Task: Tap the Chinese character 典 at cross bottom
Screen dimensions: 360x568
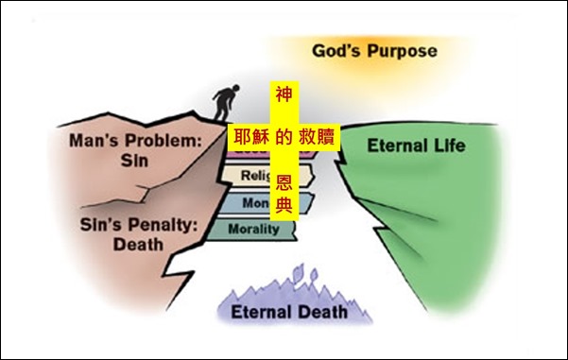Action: point(283,204)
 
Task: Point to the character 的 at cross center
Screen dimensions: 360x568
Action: point(283,136)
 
